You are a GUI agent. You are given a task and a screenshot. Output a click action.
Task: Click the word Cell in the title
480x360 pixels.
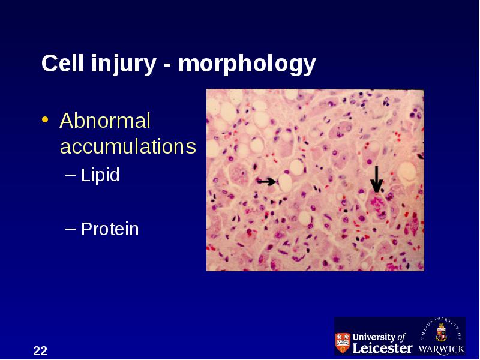62,63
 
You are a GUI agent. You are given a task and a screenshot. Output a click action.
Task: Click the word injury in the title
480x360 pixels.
124,65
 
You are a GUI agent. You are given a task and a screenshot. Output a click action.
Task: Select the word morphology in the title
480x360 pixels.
247,65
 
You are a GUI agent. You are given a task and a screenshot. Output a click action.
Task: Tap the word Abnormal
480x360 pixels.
105,121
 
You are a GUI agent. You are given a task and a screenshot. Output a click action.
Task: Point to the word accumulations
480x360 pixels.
128,146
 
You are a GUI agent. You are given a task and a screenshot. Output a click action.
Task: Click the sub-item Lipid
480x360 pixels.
100,175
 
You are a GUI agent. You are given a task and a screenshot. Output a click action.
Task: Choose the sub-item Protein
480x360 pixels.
110,229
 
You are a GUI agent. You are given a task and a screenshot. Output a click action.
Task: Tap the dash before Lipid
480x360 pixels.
70,175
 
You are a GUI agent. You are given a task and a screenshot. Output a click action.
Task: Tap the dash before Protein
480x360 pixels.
70,229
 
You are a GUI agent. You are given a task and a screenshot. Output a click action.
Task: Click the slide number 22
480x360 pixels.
40,351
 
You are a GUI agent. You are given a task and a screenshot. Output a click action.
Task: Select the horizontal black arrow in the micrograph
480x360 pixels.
266,182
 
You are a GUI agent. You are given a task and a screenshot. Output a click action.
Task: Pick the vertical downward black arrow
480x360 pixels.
377,179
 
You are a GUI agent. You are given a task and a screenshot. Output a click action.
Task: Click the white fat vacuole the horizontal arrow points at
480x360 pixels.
286,182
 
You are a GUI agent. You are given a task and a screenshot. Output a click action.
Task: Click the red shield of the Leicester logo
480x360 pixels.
343,343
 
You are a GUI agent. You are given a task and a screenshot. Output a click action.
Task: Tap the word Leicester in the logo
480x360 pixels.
382,348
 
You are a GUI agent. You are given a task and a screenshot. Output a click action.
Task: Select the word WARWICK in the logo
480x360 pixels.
441,349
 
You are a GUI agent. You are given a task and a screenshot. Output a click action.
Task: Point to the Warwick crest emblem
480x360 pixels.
441,332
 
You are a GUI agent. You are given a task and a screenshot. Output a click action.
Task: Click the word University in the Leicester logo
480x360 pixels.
374,337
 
